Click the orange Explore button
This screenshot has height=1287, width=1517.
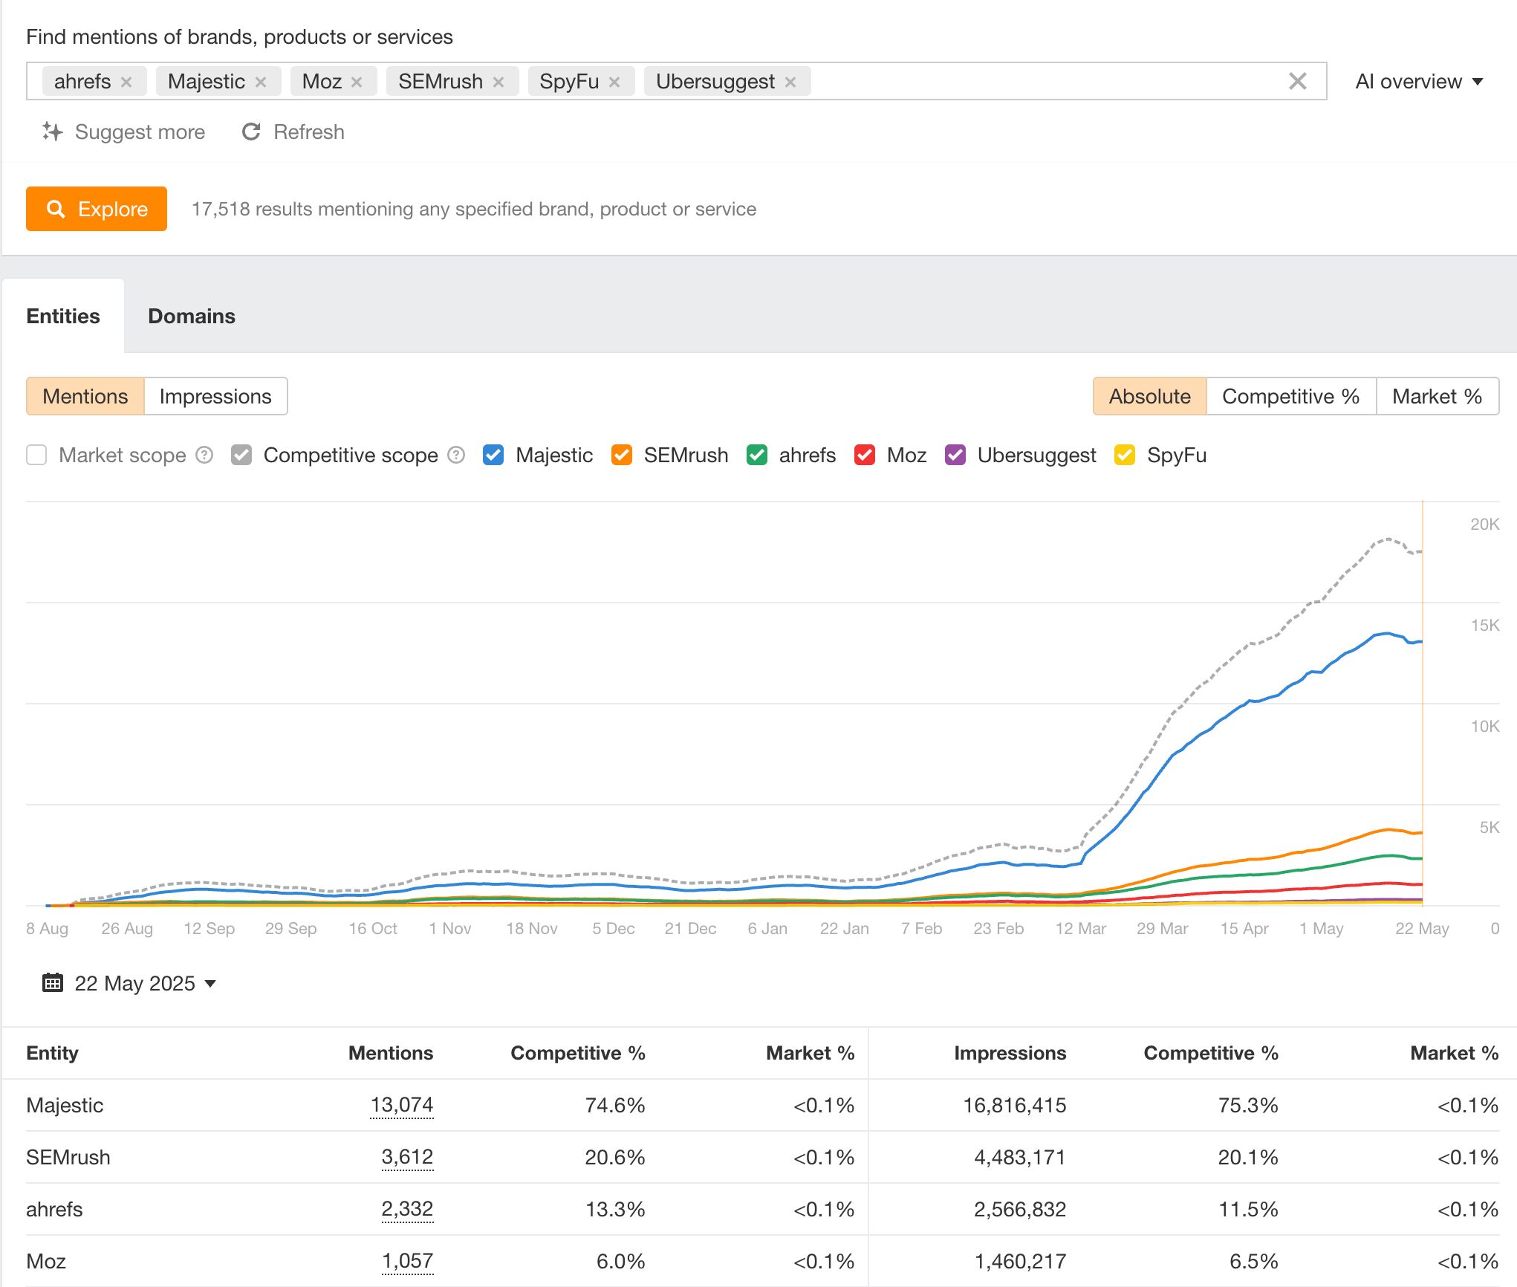click(97, 209)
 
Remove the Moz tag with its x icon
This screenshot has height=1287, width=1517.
click(357, 82)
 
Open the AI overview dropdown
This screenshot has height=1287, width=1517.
click(1418, 82)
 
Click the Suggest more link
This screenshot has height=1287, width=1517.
click(124, 132)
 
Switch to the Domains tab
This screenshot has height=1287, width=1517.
click(192, 316)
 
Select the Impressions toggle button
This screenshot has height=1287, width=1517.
click(215, 396)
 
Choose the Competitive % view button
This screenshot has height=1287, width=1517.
click(1290, 396)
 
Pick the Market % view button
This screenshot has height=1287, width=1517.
click(1437, 396)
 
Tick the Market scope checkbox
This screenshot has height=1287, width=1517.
click(36, 455)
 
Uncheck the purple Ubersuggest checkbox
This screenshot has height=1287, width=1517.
click(955, 455)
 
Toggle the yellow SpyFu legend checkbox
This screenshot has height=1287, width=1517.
click(1125, 455)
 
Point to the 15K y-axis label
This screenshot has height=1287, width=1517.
click(1484, 625)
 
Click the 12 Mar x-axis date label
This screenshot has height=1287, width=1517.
click(1080, 928)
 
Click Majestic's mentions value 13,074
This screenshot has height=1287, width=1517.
click(401, 1105)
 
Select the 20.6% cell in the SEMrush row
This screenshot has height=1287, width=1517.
click(614, 1157)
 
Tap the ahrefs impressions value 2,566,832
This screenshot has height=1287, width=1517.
click(1019, 1209)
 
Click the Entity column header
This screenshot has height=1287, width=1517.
click(52, 1053)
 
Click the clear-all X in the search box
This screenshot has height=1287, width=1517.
click(1297, 82)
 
